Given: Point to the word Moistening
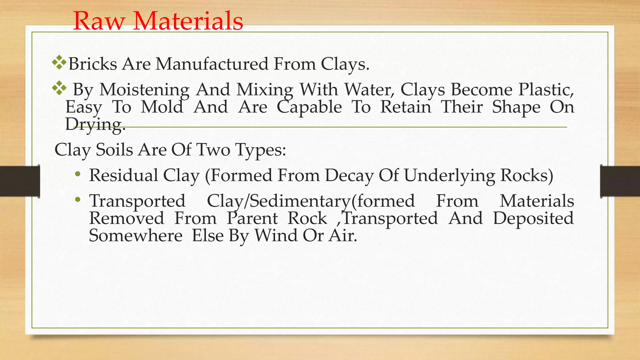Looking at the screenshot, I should coord(144,90).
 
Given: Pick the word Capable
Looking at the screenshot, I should coord(309,107).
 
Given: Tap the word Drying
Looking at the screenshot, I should coord(95,124).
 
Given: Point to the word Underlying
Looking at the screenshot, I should coord(449,176).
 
